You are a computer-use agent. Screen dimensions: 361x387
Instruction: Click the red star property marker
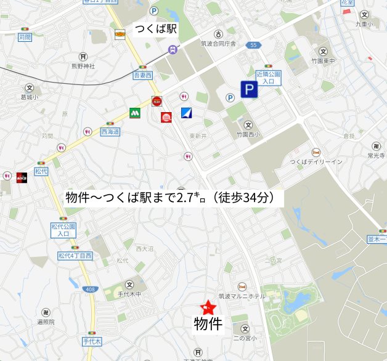click(x=208, y=307)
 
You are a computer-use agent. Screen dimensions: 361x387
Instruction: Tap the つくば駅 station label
click(x=157, y=30)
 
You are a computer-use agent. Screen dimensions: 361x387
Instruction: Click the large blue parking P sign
click(x=249, y=91)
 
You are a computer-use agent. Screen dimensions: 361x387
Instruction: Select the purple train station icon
click(x=173, y=49)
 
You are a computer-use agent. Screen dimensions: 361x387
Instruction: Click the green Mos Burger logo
click(x=135, y=113)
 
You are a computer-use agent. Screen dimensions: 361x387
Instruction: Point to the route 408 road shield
click(x=90, y=289)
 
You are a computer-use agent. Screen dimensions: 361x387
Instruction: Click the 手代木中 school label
click(x=129, y=294)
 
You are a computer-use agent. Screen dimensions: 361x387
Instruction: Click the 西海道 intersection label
click(x=110, y=132)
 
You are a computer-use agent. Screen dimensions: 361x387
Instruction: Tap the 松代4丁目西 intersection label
click(x=75, y=255)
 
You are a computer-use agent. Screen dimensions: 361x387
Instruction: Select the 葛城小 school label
click(x=29, y=97)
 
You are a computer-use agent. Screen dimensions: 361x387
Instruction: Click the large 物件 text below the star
click(x=208, y=324)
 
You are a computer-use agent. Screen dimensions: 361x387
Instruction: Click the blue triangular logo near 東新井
click(x=187, y=113)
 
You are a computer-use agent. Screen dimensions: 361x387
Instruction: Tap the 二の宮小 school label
click(x=245, y=338)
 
